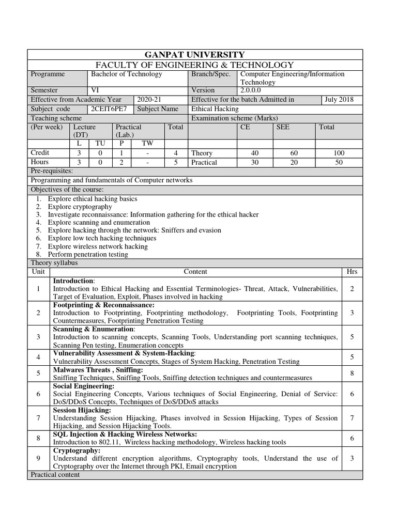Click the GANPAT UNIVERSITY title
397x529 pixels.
pos(195,55)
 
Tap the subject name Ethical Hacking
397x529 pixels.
pos(215,109)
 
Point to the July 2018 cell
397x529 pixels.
pos(339,100)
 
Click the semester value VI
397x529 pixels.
pos(95,90)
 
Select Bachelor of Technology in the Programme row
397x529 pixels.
pos(126,74)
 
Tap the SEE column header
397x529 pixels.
pos(283,127)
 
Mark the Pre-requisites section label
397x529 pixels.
pos(52,171)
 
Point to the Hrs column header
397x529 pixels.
pos(352,272)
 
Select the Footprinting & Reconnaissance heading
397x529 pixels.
pos(103,305)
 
